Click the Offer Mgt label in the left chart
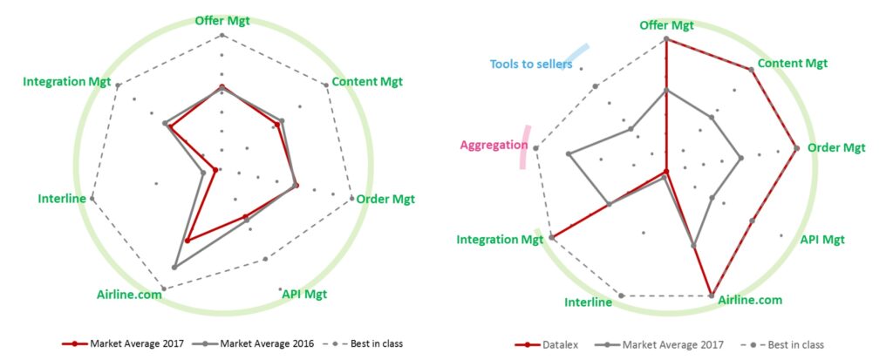(x=222, y=21)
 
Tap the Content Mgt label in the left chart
(x=367, y=81)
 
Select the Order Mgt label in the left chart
(x=385, y=199)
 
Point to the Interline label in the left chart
(x=62, y=199)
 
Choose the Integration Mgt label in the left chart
(x=67, y=81)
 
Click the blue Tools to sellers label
(x=531, y=64)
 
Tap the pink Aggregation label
(x=494, y=146)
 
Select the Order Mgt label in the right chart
(x=836, y=148)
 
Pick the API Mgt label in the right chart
(x=822, y=239)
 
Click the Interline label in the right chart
(x=589, y=302)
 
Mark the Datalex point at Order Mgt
(x=796, y=148)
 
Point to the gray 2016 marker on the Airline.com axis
(x=174, y=267)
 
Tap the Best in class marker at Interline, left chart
(x=92, y=199)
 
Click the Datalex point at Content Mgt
(x=751, y=70)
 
